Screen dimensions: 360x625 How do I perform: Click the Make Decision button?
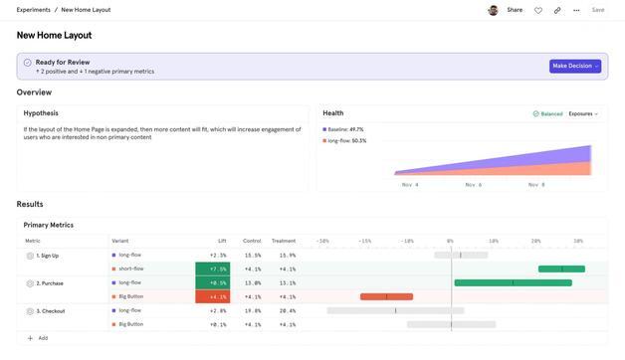click(574, 66)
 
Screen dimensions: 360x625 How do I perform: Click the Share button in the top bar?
click(515, 10)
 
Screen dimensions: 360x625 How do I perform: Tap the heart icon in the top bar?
click(538, 10)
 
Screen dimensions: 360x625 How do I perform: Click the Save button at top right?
click(598, 10)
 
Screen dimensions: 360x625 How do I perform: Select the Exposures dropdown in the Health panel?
click(583, 114)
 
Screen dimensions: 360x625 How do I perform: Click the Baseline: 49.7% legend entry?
click(343, 129)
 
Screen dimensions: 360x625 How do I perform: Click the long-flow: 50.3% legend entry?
click(345, 140)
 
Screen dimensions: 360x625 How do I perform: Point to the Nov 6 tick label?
click(473, 185)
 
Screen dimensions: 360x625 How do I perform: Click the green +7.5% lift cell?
click(212, 269)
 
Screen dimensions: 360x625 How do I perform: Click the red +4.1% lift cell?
click(212, 296)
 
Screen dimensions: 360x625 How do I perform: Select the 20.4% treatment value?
click(287, 310)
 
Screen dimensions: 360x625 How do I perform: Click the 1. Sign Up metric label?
click(47, 256)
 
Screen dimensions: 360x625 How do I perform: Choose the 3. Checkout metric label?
click(50, 311)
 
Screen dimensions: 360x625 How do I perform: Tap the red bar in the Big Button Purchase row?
click(386, 296)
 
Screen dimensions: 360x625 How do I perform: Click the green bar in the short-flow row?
click(561, 269)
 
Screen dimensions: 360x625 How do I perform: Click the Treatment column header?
click(284, 241)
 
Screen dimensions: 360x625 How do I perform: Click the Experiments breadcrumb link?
click(33, 10)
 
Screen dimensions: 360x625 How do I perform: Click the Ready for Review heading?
click(63, 62)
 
